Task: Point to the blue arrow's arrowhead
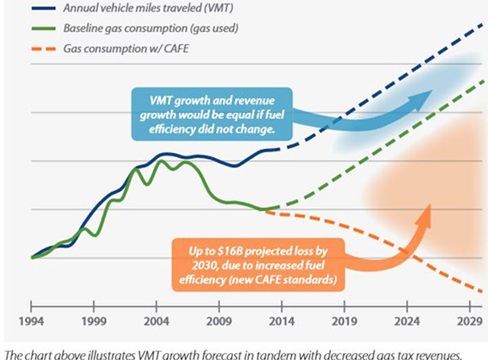pos(418,100)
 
